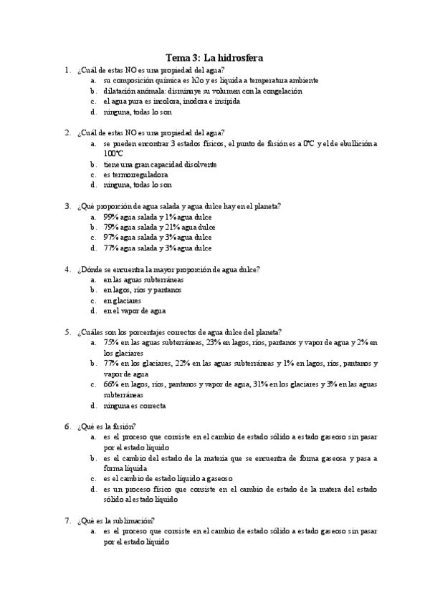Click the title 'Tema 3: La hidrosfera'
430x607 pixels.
[214, 58]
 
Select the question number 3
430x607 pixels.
[67, 205]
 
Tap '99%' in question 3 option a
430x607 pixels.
[110, 216]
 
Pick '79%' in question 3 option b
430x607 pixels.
[110, 227]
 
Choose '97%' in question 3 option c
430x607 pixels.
[110, 237]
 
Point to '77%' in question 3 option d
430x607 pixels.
[110, 248]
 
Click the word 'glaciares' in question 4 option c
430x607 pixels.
[127, 301]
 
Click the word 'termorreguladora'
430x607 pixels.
[135, 174]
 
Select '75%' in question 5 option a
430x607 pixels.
[110, 343]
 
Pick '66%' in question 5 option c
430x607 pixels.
[110, 384]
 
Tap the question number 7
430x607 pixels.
[67, 521]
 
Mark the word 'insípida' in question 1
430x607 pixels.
[226, 102]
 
